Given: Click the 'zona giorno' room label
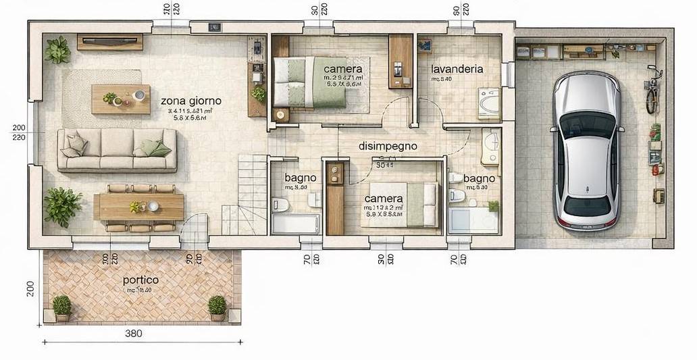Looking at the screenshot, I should click(191, 101).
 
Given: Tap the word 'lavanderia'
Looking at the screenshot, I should click(457, 69).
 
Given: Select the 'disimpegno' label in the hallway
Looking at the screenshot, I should click(387, 146).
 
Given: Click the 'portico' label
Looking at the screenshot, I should click(140, 280).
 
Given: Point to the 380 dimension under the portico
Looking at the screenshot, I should click(133, 333).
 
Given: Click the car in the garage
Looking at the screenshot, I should click(586, 150).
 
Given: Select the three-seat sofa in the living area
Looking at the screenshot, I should click(117, 150).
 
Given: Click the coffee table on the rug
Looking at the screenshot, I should click(120, 99).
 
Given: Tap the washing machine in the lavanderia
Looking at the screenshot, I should click(488, 103).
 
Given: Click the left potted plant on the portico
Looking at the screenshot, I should click(62, 307).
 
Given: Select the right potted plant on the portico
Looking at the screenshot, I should click(217, 307).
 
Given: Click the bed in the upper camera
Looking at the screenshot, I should click(310, 81).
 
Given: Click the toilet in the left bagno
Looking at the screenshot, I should click(280, 205).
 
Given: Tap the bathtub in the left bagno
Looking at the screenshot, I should click(296, 224).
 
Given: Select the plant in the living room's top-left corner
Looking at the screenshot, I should click(57, 50).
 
